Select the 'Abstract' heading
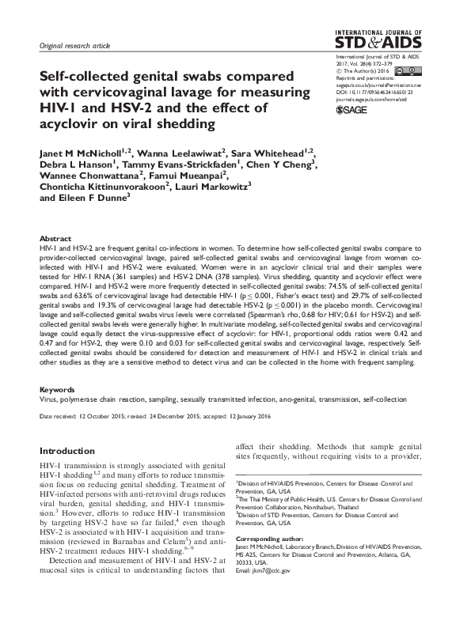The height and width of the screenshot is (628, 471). (56, 238)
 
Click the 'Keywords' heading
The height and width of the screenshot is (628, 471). (58, 390)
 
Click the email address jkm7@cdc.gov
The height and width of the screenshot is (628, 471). (277, 570)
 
